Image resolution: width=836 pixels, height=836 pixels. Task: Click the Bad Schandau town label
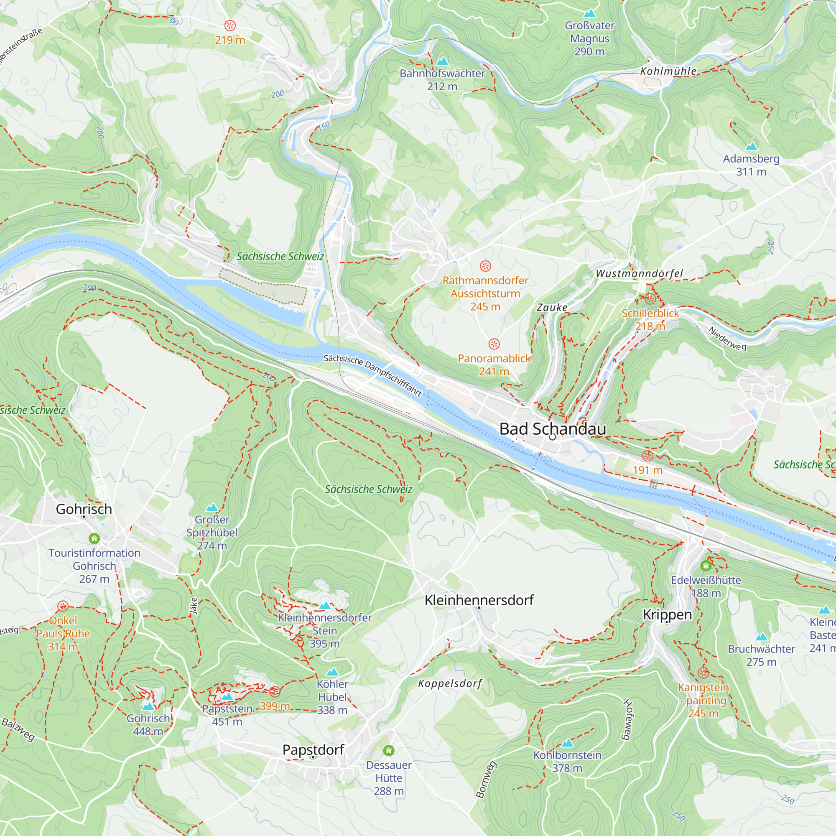click(553, 429)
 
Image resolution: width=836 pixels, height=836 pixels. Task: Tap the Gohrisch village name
click(84, 509)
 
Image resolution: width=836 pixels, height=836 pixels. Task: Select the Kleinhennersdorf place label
click(479, 600)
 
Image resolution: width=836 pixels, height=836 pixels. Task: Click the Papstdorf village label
click(313, 750)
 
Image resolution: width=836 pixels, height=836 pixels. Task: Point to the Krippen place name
click(667, 614)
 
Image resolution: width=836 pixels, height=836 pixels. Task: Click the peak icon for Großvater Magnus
click(589, 14)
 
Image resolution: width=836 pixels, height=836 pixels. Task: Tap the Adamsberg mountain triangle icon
click(751, 147)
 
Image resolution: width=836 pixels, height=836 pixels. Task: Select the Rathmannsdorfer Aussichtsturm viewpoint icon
click(485, 266)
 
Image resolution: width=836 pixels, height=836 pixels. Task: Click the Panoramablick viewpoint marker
click(494, 344)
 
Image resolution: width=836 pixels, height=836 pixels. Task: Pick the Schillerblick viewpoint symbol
click(650, 298)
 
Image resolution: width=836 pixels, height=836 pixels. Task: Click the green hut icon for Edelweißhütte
click(706, 566)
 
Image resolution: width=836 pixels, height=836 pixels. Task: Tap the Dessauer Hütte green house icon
click(389, 750)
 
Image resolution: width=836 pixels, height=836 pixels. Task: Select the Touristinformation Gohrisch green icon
click(94, 538)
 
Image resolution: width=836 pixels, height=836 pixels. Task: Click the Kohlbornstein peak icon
click(567, 743)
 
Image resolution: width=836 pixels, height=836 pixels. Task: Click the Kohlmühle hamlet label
click(668, 71)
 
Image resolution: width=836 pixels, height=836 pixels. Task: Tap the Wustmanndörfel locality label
click(639, 273)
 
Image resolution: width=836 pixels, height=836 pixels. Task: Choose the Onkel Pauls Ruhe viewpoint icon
click(63, 606)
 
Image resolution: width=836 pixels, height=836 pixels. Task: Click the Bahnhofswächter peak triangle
click(442, 61)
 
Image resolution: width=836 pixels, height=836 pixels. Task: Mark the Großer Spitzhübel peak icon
click(212, 507)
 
